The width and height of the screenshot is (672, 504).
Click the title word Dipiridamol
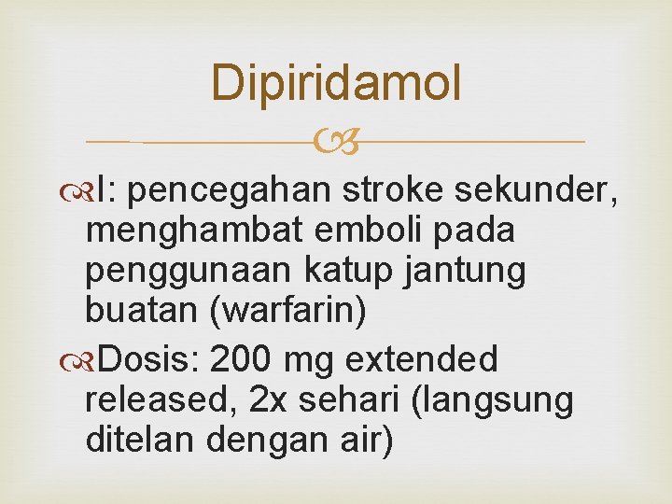point(336,83)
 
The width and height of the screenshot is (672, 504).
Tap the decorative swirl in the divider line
point(336,143)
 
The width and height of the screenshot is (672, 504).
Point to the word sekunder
point(534,190)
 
